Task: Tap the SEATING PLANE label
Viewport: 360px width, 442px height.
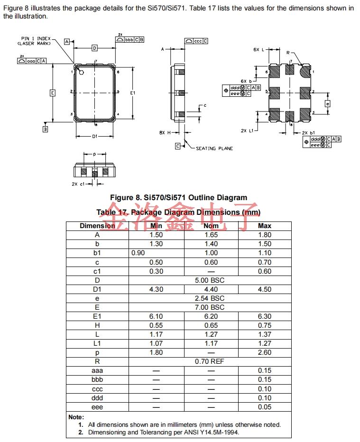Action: (x=214, y=148)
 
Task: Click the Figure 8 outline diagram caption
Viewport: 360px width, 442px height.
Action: (x=178, y=197)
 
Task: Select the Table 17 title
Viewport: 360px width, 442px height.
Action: (x=178, y=212)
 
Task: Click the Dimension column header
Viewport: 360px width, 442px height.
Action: (x=97, y=226)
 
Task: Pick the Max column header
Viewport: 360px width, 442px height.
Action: (x=264, y=226)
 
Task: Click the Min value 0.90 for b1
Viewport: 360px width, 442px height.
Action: (x=138, y=253)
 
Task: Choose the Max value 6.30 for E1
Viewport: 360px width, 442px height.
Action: (x=264, y=316)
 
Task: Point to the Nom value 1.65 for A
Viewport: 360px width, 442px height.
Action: (x=211, y=235)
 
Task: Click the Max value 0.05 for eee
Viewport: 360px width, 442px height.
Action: (x=264, y=407)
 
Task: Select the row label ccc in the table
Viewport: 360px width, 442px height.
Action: (x=97, y=389)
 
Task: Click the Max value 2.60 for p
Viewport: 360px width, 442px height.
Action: (x=264, y=352)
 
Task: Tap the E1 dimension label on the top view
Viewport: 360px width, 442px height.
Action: (x=133, y=93)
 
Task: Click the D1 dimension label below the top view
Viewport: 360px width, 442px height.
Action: (x=95, y=137)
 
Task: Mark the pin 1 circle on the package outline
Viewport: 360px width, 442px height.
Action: (x=81, y=73)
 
